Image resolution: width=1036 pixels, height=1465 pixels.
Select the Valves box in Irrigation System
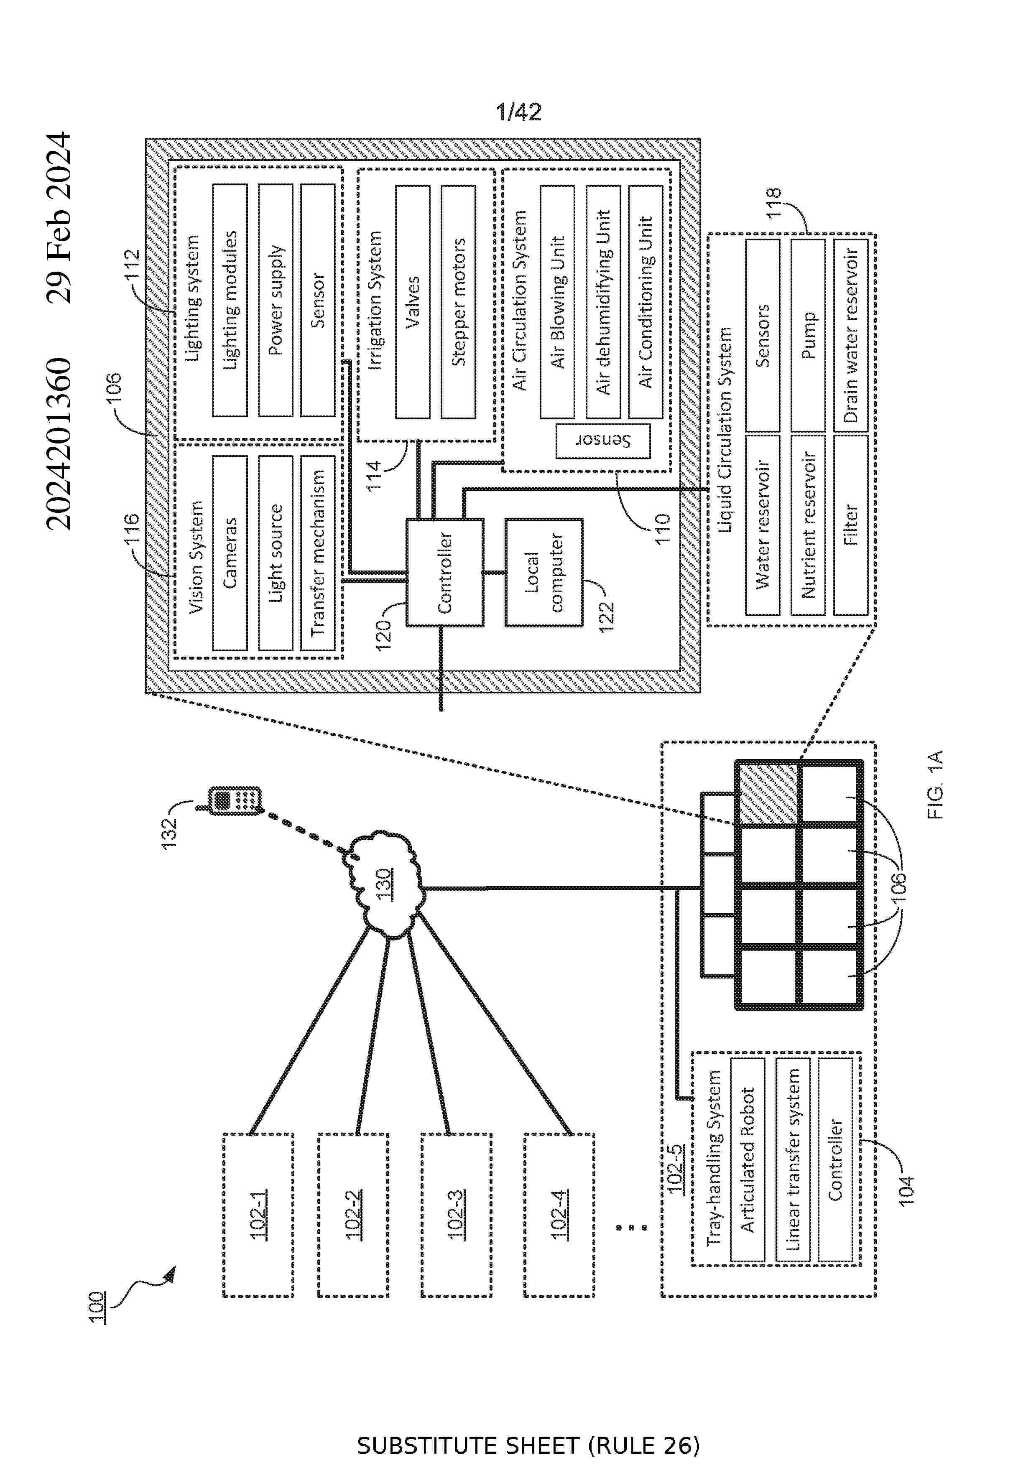point(412,301)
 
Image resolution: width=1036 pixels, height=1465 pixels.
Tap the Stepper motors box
point(458,301)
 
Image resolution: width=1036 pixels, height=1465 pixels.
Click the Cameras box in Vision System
point(230,553)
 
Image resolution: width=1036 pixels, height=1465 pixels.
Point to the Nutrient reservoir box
point(807,525)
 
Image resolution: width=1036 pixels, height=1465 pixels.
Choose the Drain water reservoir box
point(851,335)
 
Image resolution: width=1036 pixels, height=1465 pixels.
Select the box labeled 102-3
point(456,1215)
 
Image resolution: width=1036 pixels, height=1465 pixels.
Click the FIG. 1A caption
point(935,785)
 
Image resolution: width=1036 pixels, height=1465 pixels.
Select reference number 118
point(773,203)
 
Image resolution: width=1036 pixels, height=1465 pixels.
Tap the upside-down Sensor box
point(602,441)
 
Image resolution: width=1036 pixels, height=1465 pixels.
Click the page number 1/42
point(518,112)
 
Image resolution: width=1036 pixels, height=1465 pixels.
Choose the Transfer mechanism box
point(318,553)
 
